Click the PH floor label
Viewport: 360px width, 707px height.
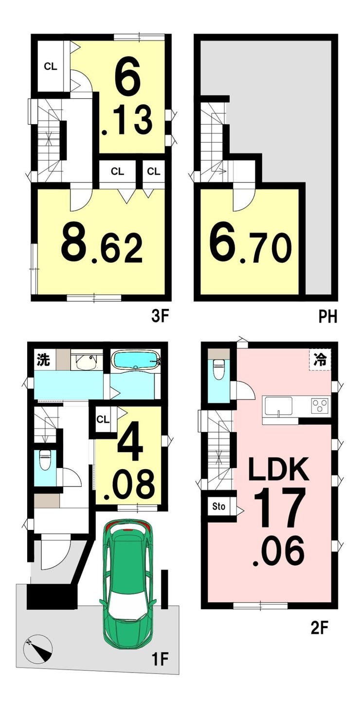[328, 316]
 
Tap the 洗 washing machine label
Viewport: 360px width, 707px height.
[44, 360]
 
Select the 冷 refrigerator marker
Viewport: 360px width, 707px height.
[320, 360]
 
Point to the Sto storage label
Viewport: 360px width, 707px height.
[218, 507]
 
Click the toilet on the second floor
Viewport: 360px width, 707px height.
[218, 369]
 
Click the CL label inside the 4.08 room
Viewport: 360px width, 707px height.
[103, 419]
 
